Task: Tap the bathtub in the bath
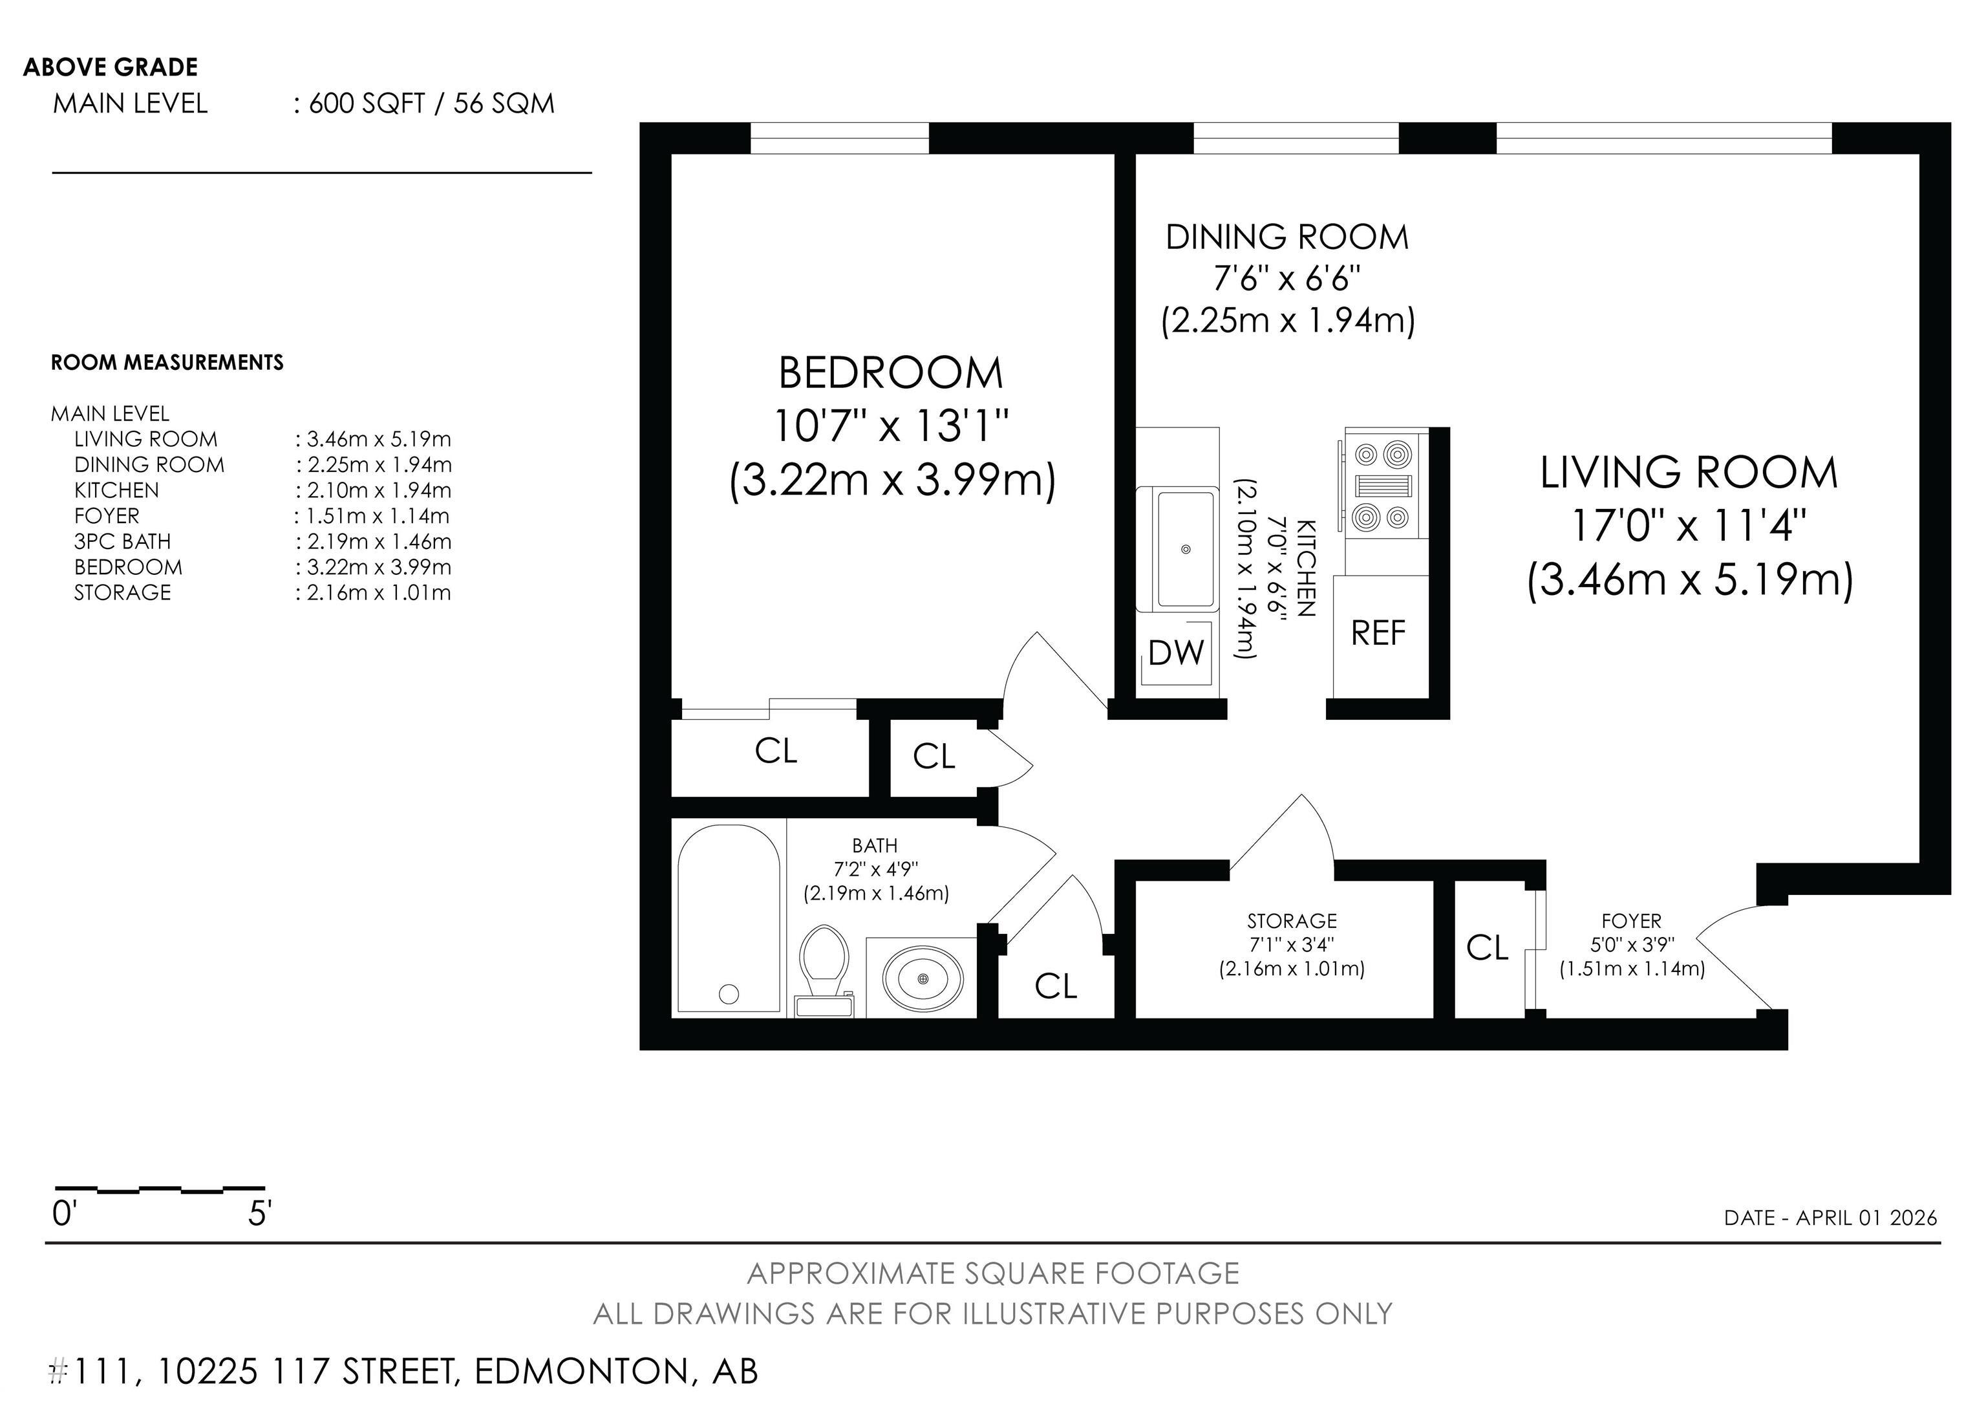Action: coord(729,919)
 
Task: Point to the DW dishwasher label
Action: coord(1177,653)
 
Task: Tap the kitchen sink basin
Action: coord(1185,548)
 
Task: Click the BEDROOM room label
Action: coord(891,374)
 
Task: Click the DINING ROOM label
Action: coord(1287,238)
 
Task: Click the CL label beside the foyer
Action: coord(1488,948)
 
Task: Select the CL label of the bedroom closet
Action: coord(776,751)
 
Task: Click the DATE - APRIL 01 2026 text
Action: coord(1830,1218)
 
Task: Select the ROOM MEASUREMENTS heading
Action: coord(167,362)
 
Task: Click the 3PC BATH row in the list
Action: coord(123,541)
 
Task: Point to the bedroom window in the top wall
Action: coord(839,138)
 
